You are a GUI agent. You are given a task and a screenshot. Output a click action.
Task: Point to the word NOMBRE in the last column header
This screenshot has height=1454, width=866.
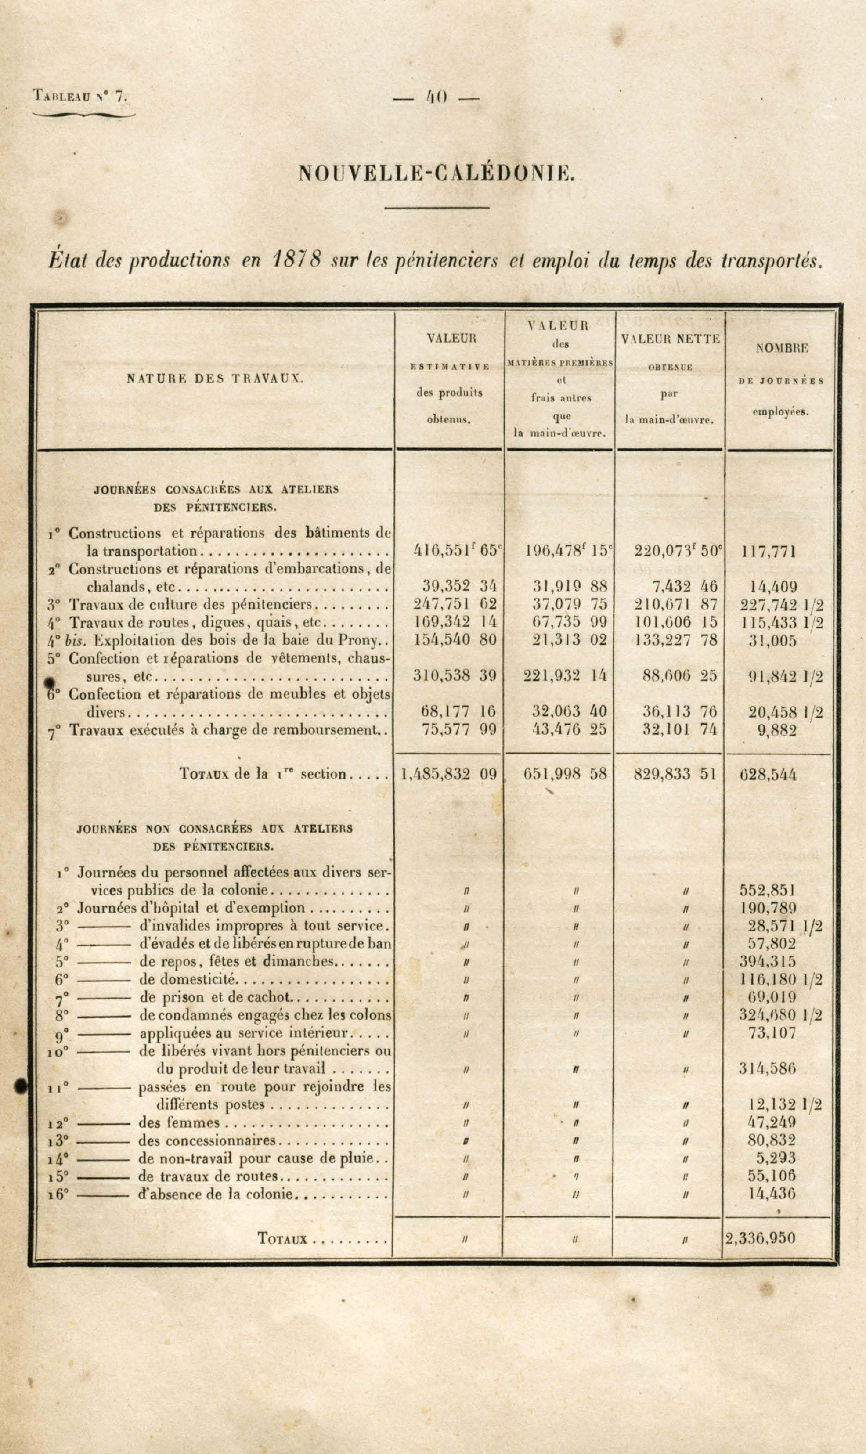782,348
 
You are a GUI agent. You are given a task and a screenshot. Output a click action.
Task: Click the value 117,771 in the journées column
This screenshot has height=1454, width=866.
768,551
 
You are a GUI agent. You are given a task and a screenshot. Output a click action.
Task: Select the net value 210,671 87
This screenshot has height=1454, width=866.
676,605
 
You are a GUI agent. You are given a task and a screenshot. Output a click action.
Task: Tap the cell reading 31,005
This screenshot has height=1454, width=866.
772,641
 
